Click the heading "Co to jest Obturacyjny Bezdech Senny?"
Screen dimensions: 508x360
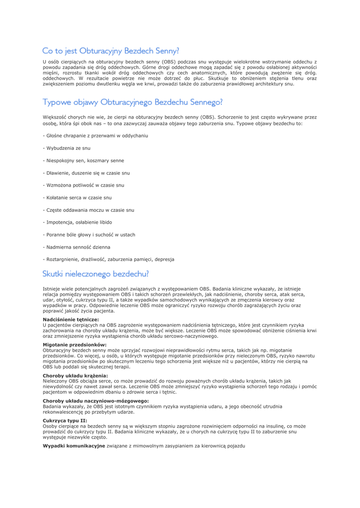tap(110, 51)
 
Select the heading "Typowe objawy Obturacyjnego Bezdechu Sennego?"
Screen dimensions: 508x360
tap(132, 103)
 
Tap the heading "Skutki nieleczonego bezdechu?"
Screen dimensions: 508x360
tap(95, 273)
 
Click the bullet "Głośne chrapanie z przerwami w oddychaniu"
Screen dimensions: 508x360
tap(95, 135)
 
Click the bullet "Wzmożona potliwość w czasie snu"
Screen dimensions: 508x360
tap(83, 185)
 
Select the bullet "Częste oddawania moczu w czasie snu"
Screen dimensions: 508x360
tap(88, 210)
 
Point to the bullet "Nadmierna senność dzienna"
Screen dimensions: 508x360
tap(76, 247)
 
